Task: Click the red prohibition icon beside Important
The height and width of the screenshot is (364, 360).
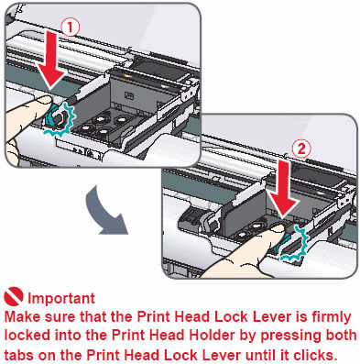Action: (14, 298)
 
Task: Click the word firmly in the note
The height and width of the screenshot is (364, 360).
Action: (315, 314)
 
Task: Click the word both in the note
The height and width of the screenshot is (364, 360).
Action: (339, 335)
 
